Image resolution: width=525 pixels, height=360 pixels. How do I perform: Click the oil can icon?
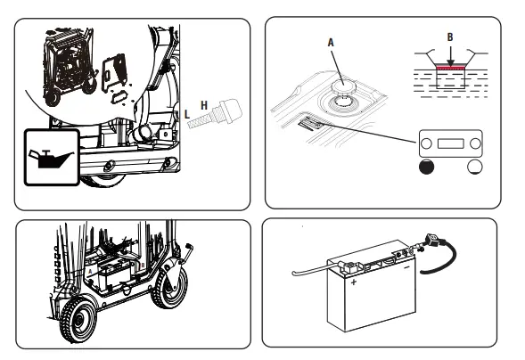tap(51, 159)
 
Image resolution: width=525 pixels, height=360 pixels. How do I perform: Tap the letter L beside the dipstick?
tap(187, 114)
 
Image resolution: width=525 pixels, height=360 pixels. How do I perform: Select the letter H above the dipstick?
tap(204, 105)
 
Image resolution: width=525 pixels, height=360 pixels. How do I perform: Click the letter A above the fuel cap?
tap(331, 43)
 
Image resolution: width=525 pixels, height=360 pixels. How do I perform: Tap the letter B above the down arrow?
tap(450, 37)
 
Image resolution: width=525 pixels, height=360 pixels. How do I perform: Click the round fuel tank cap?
tap(343, 86)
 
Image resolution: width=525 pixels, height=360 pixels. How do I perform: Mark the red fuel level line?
tap(451, 68)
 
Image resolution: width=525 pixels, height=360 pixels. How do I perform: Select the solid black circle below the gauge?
tap(426, 167)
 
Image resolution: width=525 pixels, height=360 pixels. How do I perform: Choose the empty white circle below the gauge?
tap(474, 167)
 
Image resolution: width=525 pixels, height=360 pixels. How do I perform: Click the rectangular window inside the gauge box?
tap(451, 143)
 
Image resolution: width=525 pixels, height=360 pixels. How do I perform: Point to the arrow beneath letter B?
tap(451, 56)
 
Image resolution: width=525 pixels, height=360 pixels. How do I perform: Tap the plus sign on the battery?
tap(354, 282)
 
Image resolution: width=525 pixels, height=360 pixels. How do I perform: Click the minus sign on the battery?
tap(406, 267)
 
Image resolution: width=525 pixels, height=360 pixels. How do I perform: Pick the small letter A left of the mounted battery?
tap(90, 272)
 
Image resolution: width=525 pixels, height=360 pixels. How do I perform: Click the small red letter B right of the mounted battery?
tap(143, 266)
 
